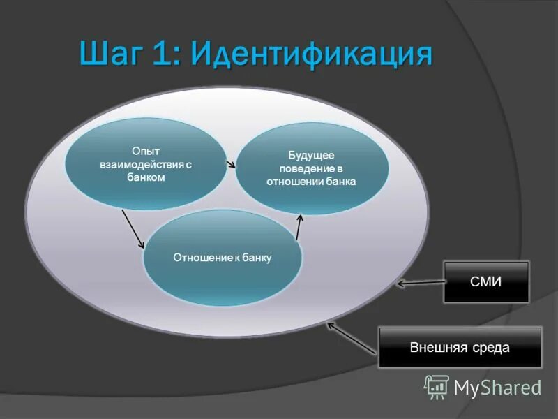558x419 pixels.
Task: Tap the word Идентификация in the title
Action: (x=311, y=55)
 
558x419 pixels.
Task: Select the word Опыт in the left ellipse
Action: (x=146, y=151)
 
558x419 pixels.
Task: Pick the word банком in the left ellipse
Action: (x=146, y=177)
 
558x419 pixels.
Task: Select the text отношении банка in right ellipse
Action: (x=311, y=182)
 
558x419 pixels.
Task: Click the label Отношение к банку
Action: (x=222, y=258)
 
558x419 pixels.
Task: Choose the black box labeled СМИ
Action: (x=486, y=281)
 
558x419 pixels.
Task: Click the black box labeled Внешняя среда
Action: (x=460, y=347)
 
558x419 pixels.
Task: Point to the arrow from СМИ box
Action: (x=421, y=283)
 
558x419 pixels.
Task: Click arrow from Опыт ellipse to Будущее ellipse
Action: (x=229, y=164)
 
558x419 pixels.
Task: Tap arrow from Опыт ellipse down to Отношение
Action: (x=133, y=228)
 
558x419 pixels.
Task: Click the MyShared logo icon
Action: (x=437, y=387)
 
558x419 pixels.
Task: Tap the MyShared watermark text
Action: (x=497, y=388)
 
